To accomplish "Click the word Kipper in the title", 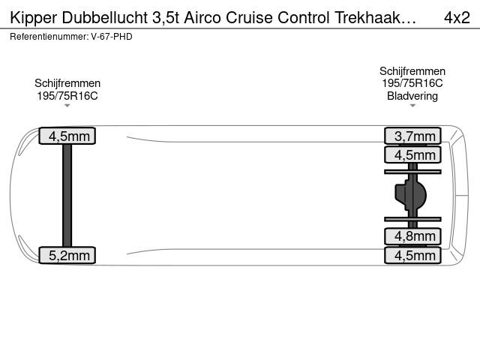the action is click(x=34, y=18).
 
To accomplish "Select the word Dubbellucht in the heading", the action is click(x=105, y=17).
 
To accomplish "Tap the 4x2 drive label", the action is click(x=457, y=17).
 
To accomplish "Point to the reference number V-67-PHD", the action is click(x=112, y=37).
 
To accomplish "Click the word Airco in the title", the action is click(x=203, y=17).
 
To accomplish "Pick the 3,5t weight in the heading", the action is click(x=166, y=18).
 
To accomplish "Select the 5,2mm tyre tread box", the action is click(x=67, y=255).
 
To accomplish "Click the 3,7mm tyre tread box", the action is click(x=412, y=136).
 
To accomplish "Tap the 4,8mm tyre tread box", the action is click(x=412, y=236).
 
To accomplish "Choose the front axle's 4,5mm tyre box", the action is click(x=67, y=136).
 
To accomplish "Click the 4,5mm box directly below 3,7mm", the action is click(x=412, y=154).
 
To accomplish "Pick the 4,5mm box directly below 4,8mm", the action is click(x=412, y=255).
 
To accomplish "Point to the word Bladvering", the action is click(x=412, y=96).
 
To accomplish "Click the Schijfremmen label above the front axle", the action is click(x=67, y=83).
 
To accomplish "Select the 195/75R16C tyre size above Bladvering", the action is click(x=412, y=83).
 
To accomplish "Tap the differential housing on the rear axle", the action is click(x=410, y=195).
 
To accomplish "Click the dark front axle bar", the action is click(x=67, y=195).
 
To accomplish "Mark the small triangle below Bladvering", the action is click(x=412, y=106).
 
